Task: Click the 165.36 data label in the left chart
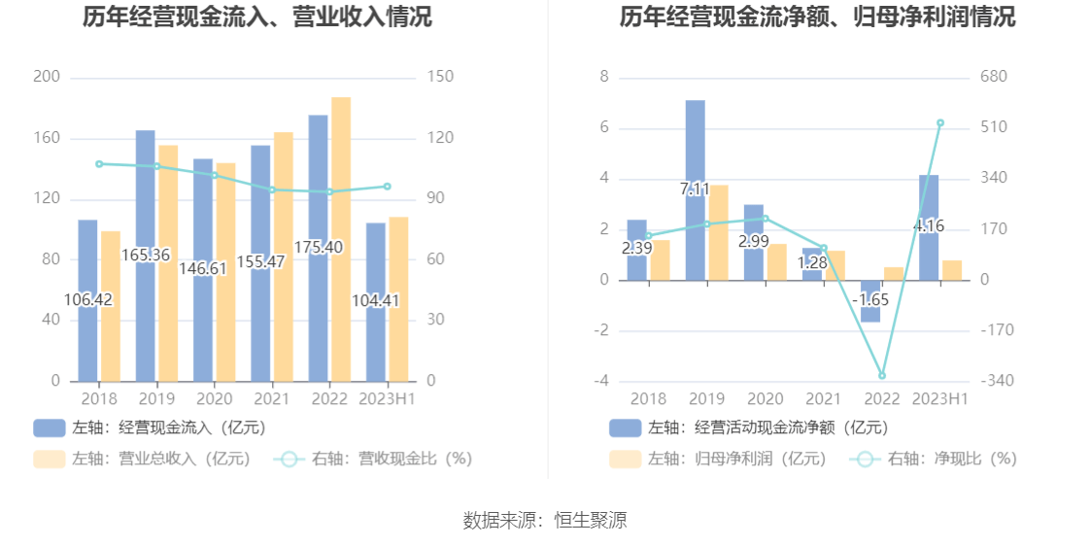(146, 256)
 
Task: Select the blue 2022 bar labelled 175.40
(318, 291)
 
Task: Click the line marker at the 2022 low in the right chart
(882, 375)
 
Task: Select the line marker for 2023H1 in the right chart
(940, 123)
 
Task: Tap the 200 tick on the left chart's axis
(46, 77)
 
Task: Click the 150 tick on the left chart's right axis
(440, 77)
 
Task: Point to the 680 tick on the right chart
(993, 77)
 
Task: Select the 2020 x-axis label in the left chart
(214, 399)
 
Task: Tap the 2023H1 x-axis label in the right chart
(940, 399)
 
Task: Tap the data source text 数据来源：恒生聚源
(545, 521)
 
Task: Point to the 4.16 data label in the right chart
(929, 226)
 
